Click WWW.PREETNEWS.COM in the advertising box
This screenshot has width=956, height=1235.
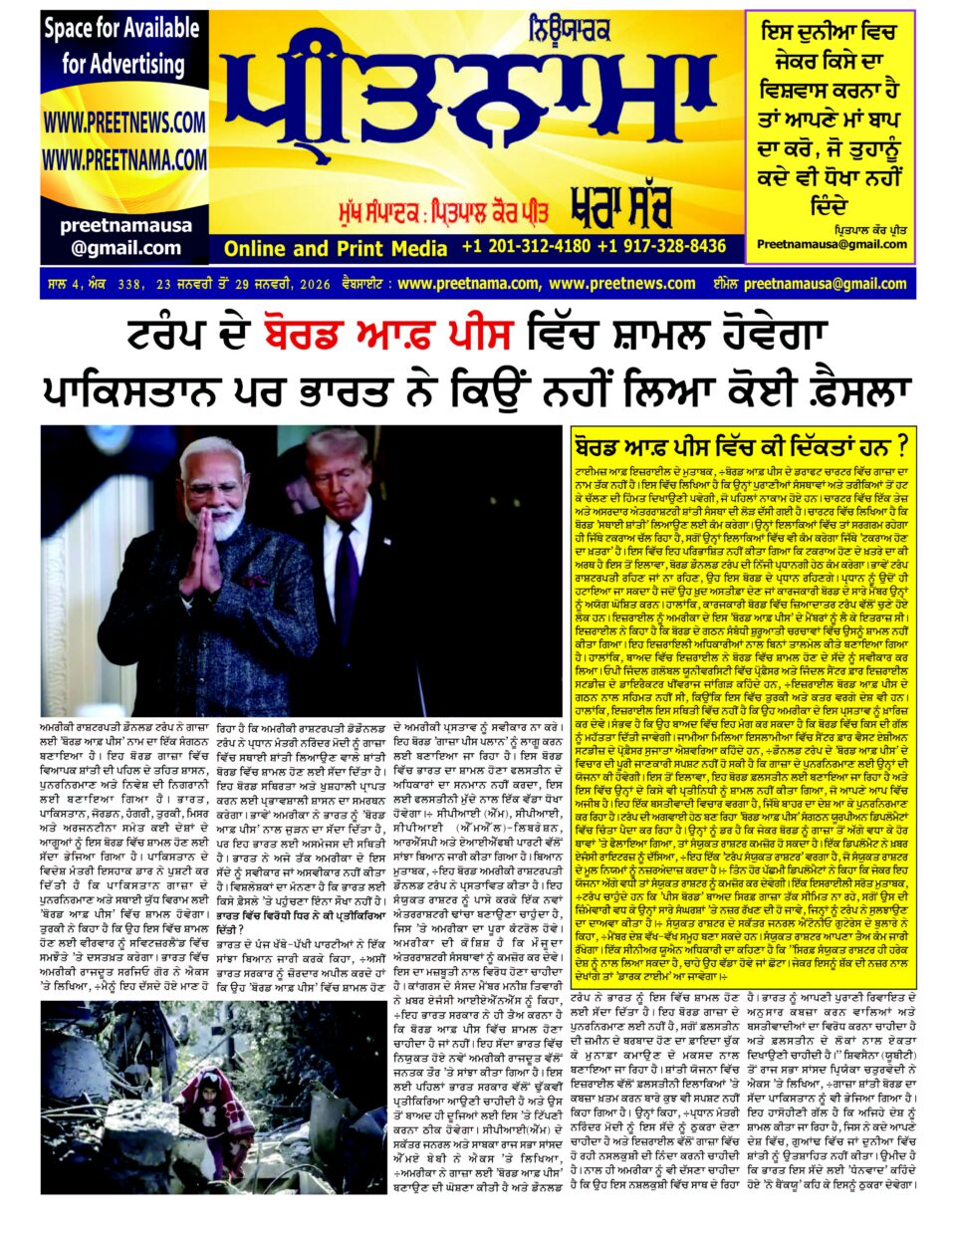click(x=124, y=123)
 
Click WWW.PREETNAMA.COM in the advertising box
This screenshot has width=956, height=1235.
click(x=124, y=159)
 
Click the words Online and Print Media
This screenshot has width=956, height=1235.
click(x=336, y=248)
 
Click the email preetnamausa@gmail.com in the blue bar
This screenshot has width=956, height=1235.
click(x=811, y=284)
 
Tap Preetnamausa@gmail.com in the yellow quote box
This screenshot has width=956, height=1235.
click(x=832, y=244)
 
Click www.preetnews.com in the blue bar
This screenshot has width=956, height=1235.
click(x=622, y=284)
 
